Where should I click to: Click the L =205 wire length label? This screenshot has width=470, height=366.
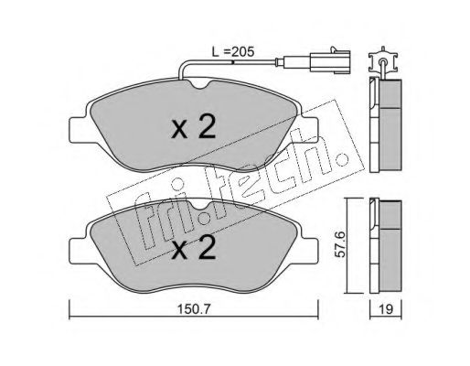click(x=233, y=52)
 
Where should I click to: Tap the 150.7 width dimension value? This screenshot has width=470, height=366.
click(x=194, y=309)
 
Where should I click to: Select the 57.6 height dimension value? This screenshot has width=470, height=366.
click(x=340, y=244)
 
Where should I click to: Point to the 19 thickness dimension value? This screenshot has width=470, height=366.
click(x=386, y=309)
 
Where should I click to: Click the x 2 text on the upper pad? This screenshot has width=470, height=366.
click(x=194, y=127)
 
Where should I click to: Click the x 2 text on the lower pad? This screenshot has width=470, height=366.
click(x=194, y=248)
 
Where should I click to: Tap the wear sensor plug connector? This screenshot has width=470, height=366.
click(x=330, y=61)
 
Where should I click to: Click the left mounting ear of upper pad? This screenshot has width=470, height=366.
click(x=79, y=130)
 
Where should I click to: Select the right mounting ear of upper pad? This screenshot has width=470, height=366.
click(x=309, y=130)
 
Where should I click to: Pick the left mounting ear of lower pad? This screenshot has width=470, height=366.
click(x=79, y=250)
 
